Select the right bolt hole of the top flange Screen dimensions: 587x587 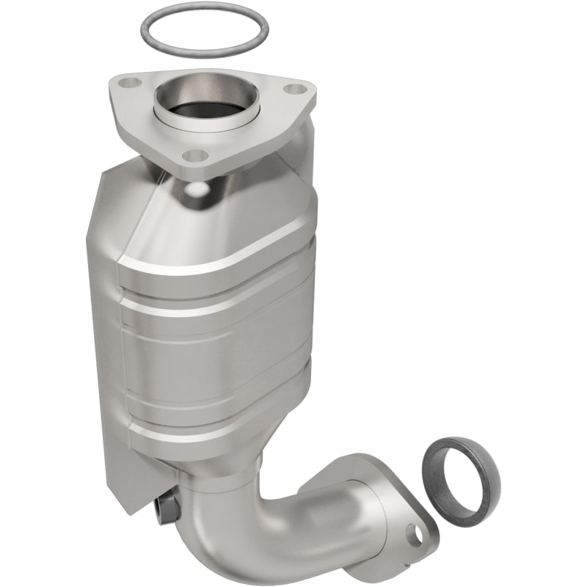[x=294, y=90]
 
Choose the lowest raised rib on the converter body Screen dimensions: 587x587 [x=220, y=429]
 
